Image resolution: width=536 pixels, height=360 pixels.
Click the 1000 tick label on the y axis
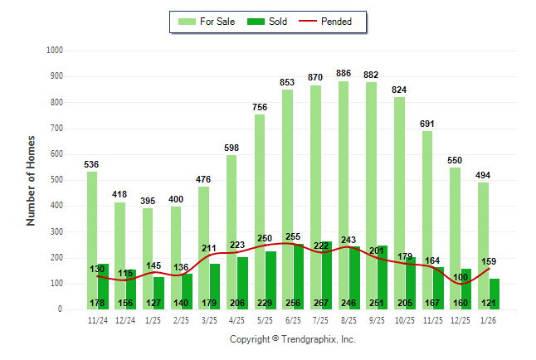click(x=55, y=51)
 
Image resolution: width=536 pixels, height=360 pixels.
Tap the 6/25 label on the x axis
click(x=293, y=319)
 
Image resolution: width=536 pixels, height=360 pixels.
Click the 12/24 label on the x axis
click(x=125, y=319)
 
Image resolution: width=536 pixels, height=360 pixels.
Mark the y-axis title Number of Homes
click(x=31, y=180)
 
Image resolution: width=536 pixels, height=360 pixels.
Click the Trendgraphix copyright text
click(x=292, y=339)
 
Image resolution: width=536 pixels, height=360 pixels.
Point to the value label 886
click(x=344, y=74)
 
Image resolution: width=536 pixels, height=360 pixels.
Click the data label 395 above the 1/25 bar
click(x=149, y=201)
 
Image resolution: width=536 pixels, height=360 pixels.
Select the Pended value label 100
click(x=461, y=276)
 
